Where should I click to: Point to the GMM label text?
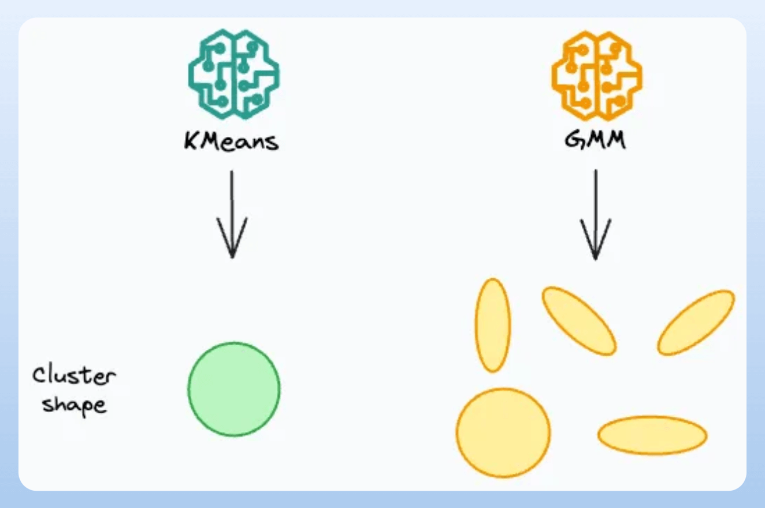[x=595, y=141]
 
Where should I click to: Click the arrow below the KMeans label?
[x=232, y=214]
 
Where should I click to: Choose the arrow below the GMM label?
[x=595, y=214]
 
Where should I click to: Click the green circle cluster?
[x=234, y=389]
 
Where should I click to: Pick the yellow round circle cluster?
[x=503, y=432]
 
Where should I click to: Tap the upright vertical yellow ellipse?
[x=493, y=325]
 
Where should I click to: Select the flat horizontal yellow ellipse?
[x=652, y=435]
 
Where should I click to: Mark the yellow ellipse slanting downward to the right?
[x=579, y=320]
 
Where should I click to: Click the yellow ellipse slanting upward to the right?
[x=696, y=322]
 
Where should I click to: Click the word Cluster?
[x=73, y=377]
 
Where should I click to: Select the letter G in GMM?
[x=573, y=141]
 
